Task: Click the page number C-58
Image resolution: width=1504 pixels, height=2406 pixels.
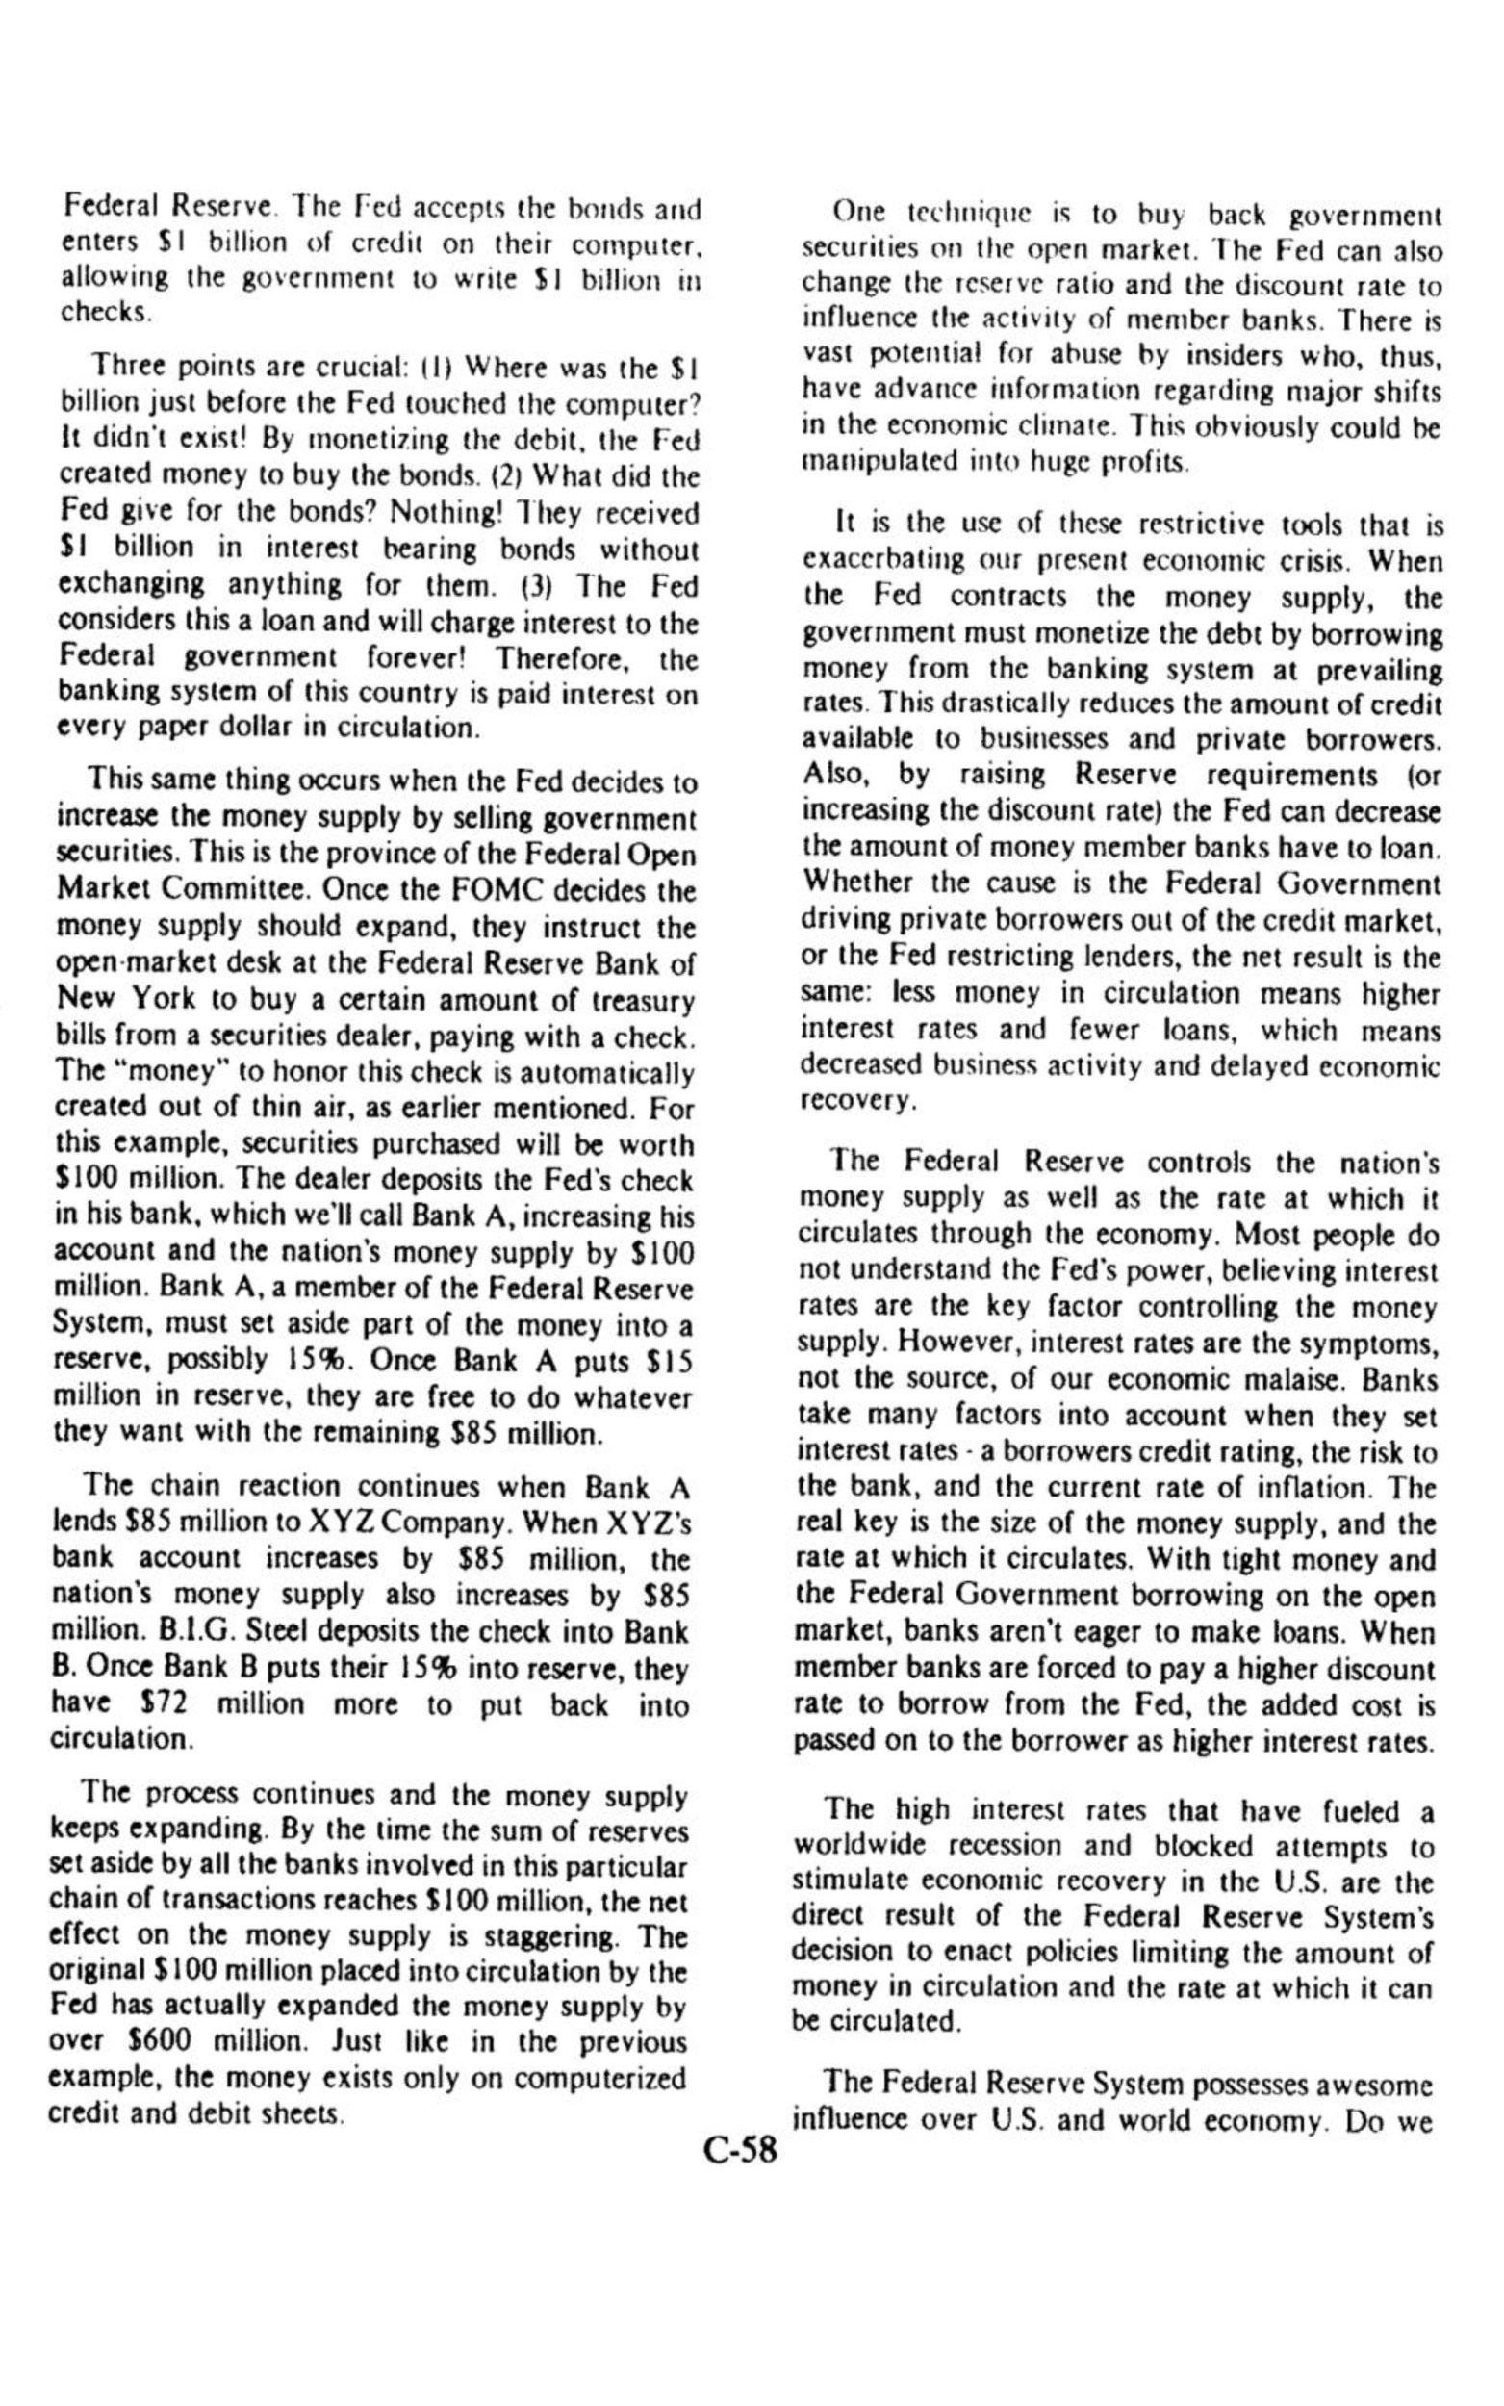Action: click(740, 2151)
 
